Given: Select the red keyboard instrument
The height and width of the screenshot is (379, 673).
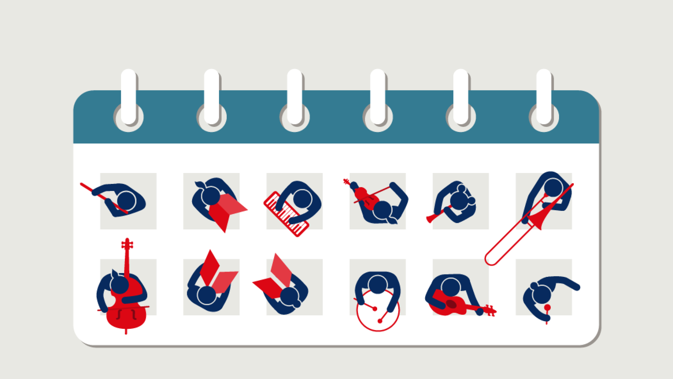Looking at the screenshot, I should [286, 214].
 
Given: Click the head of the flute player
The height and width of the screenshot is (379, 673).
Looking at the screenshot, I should [126, 201].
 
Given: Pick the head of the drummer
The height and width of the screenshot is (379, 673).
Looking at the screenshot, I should [378, 284].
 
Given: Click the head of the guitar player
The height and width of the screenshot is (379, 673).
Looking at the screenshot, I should [451, 287].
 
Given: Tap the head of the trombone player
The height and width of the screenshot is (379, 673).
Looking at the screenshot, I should [553, 187].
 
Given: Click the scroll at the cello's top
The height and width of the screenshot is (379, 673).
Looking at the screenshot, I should [127, 244].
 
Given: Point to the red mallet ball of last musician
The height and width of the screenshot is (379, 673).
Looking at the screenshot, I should [547, 308].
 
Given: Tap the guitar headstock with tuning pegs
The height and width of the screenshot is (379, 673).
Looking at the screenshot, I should [489, 311].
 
